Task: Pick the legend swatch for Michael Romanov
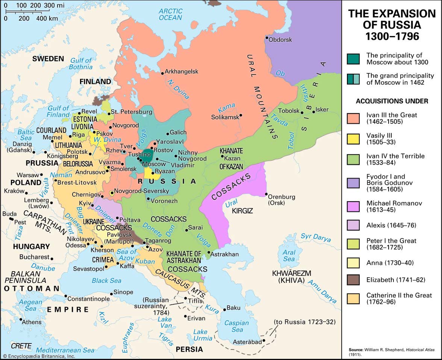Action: point(353,207)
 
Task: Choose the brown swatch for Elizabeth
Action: point(353,280)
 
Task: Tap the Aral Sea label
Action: point(289,255)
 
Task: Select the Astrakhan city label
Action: point(225,254)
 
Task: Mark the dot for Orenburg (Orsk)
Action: point(266,194)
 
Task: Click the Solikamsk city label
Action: point(224,117)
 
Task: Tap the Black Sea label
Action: point(106,280)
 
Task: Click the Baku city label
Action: point(233,308)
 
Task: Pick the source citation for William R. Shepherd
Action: point(391,351)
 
